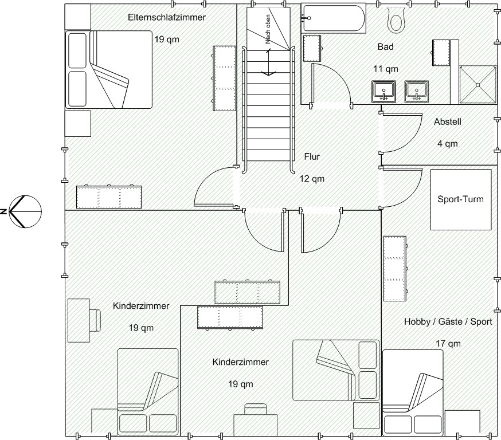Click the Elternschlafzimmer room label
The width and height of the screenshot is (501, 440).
pyautogui.click(x=167, y=17)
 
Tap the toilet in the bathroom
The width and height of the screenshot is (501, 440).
pyautogui.click(x=396, y=20)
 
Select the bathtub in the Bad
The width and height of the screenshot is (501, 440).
pyautogui.click(x=334, y=18)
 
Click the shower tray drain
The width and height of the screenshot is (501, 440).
pyautogui.click(x=478, y=85)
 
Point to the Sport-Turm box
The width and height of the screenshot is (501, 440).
pyautogui.click(x=461, y=199)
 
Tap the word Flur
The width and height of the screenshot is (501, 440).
pyautogui.click(x=312, y=157)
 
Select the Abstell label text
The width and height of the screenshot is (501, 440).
pyautogui.click(x=447, y=121)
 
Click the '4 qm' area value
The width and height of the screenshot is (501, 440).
pyautogui.click(x=447, y=144)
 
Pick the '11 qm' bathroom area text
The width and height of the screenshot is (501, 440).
pyautogui.click(x=386, y=69)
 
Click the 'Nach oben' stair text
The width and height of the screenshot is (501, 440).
pyautogui.click(x=268, y=29)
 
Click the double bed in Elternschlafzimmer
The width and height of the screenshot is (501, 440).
pyautogui.click(x=109, y=69)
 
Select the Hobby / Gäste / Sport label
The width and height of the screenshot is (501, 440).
pyautogui.click(x=448, y=321)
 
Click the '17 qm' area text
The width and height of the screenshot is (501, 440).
pyautogui.click(x=448, y=344)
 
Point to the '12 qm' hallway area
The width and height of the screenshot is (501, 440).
pyautogui.click(x=312, y=179)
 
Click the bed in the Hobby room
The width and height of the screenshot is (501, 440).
pyautogui.click(x=413, y=393)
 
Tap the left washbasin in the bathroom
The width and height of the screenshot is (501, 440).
pyautogui.click(x=383, y=91)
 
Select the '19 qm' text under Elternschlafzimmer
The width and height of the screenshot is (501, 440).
pyautogui.click(x=167, y=40)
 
